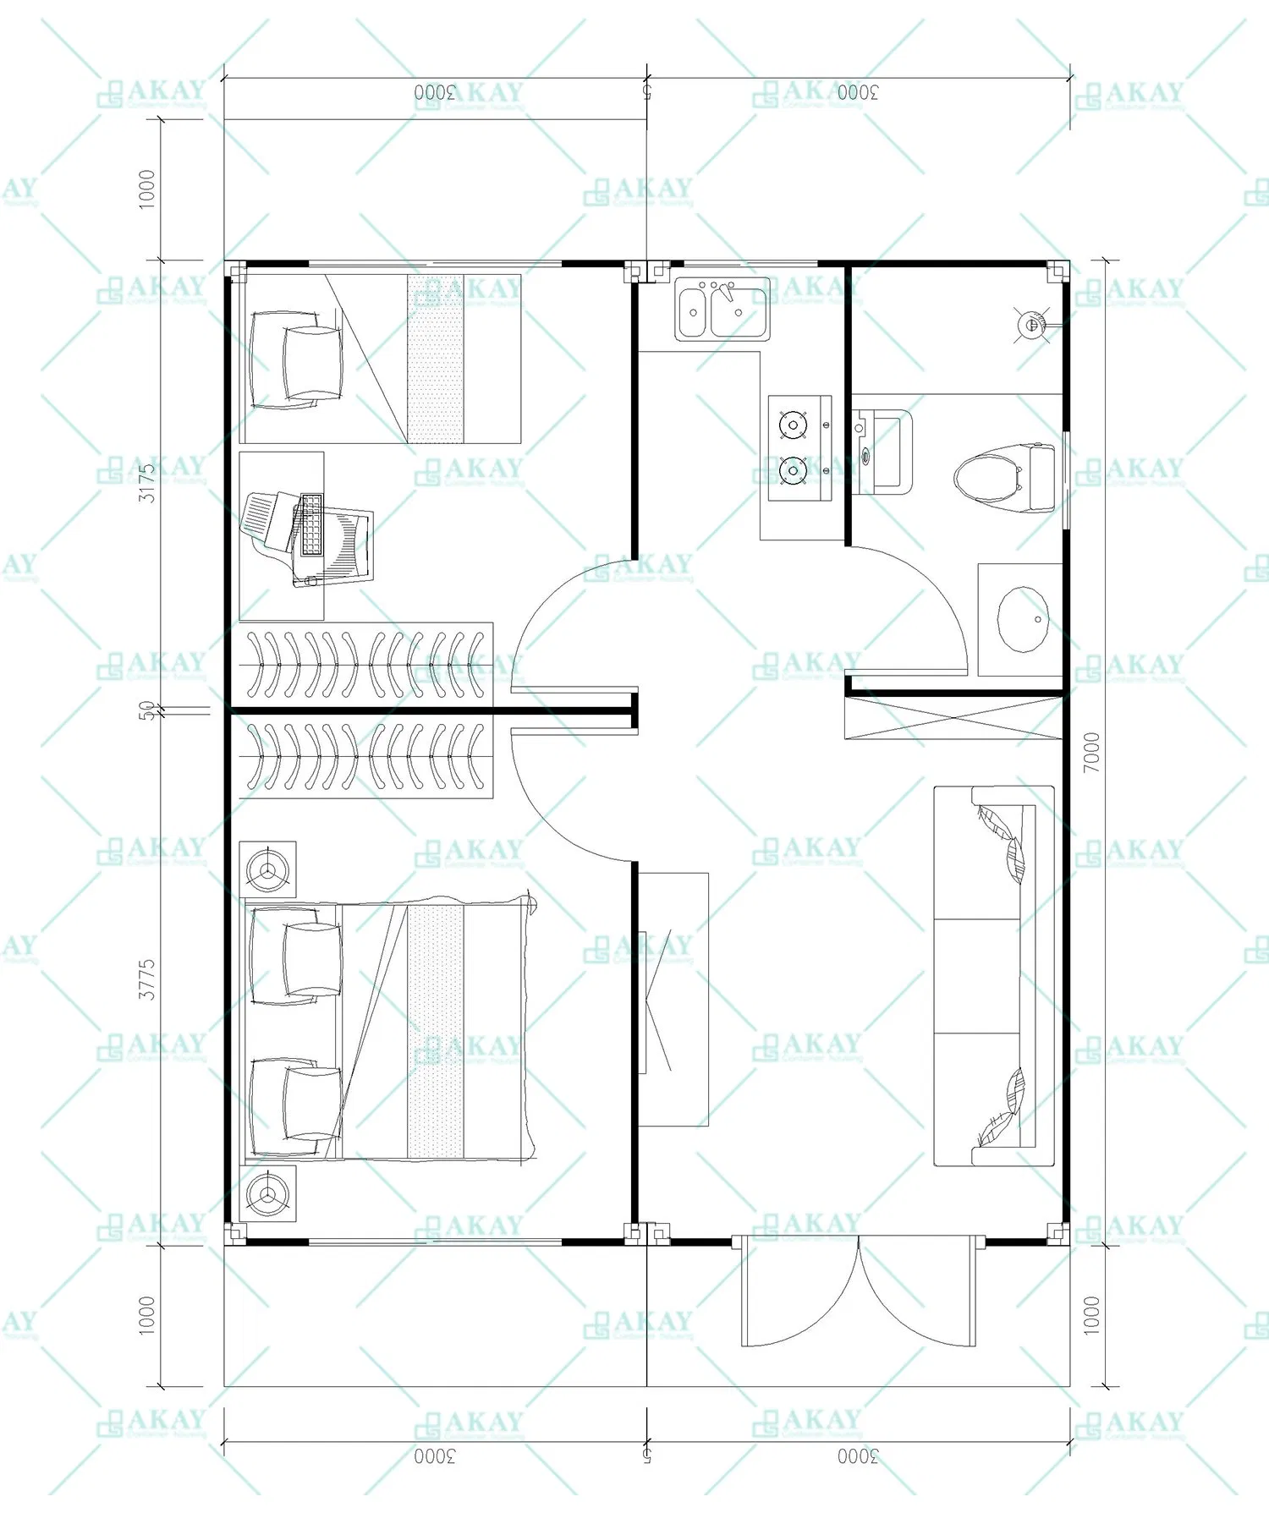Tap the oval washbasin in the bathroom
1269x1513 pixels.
click(1023, 619)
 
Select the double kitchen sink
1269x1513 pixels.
click(722, 310)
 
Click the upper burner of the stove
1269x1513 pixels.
click(793, 425)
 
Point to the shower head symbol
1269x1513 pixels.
click(1031, 324)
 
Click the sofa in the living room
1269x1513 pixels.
click(994, 975)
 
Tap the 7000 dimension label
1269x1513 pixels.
click(1092, 752)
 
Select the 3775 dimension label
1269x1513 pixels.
click(147, 979)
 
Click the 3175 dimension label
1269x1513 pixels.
click(147, 482)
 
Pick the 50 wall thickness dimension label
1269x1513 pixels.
click(147, 710)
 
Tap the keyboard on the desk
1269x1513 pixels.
click(311, 525)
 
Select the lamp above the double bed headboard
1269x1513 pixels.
click(268, 869)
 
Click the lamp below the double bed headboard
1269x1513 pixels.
click(268, 1192)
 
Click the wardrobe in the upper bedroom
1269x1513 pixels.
click(365, 664)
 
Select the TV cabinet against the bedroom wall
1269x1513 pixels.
click(673, 999)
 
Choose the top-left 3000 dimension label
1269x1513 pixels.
click(435, 92)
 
